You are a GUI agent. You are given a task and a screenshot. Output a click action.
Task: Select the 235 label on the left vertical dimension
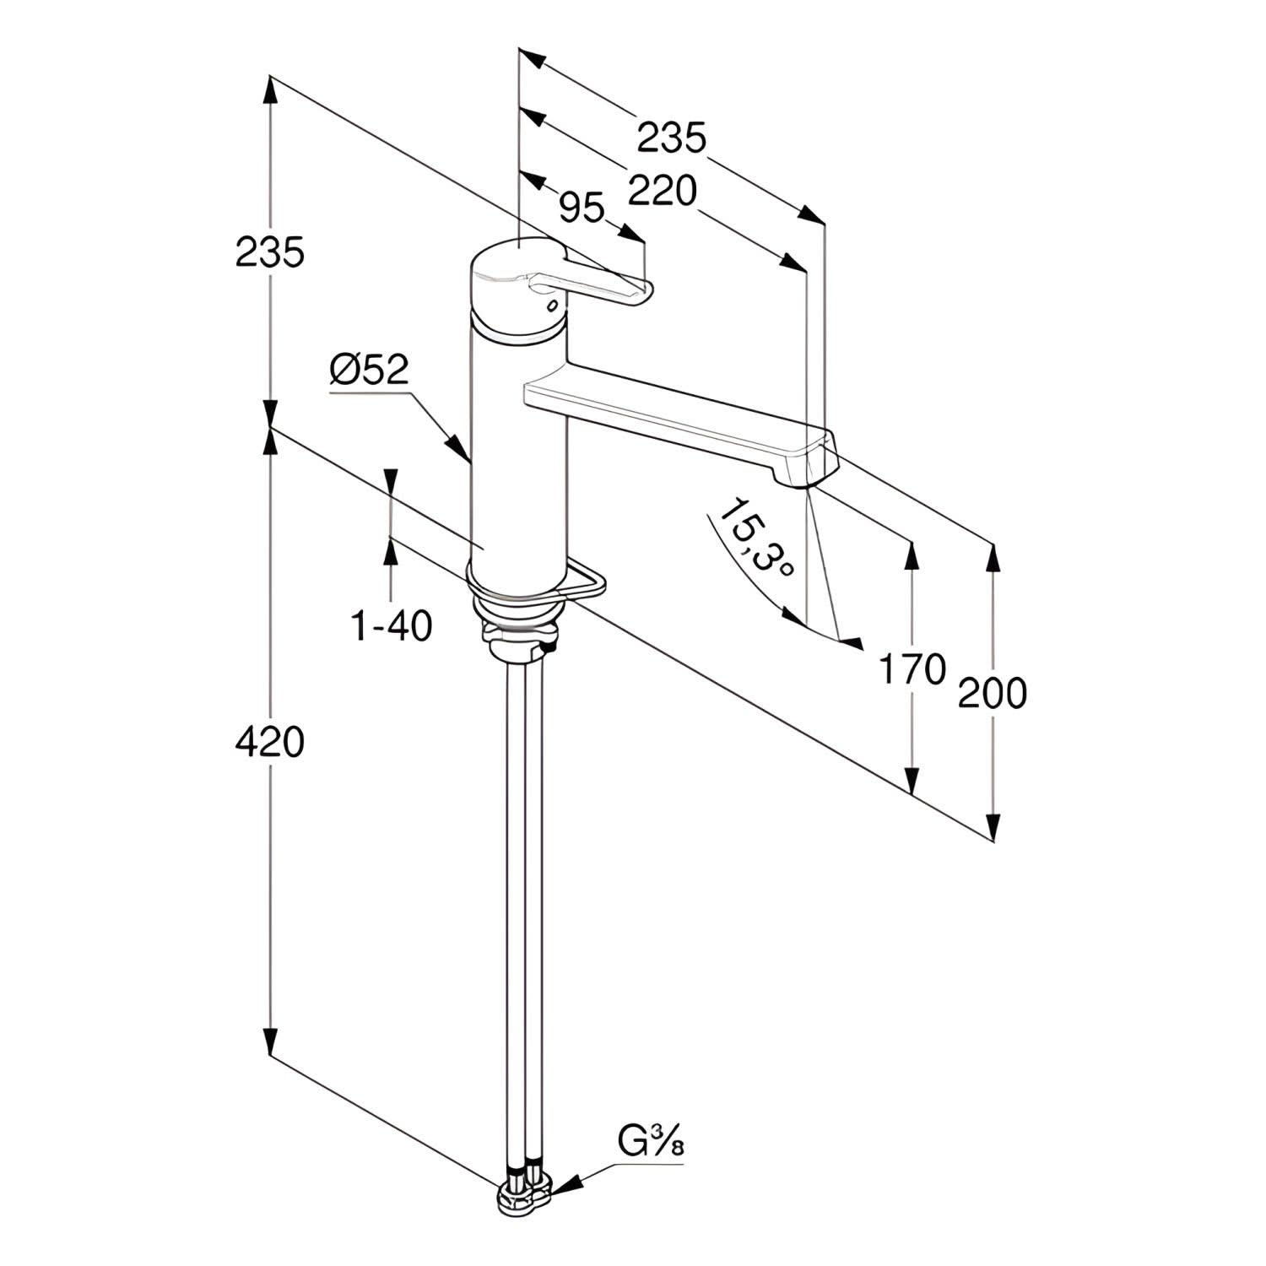tap(269, 252)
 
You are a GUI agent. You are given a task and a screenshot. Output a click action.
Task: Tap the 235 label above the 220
tap(671, 138)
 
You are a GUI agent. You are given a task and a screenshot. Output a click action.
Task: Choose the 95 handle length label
tap(582, 208)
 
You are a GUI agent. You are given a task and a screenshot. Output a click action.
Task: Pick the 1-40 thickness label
tap(392, 626)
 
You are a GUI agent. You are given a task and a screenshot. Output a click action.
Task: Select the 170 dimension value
tap(912, 669)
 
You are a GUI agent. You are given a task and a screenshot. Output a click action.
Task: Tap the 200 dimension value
tap(993, 693)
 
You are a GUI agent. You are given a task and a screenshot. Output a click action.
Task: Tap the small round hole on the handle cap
tap(553, 304)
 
